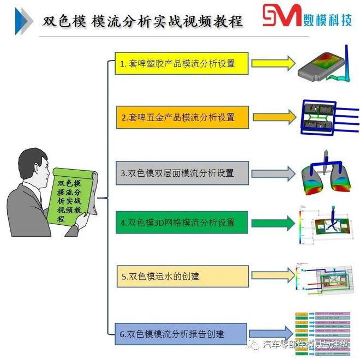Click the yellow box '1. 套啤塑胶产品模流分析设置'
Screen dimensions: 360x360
point(182,63)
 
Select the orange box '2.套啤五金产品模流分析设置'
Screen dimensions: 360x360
point(182,117)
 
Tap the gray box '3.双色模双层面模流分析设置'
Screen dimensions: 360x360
point(182,173)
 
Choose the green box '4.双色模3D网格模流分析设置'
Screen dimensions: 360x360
point(182,223)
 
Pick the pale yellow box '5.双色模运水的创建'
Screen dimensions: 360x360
point(182,277)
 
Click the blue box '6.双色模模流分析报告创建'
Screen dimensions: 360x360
point(182,333)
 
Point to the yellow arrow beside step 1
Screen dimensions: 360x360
point(275,63)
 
